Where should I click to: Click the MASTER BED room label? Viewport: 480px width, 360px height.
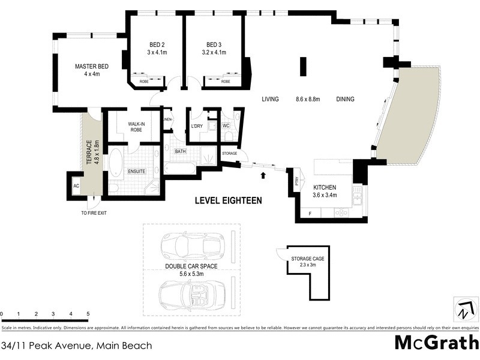coord(91,67)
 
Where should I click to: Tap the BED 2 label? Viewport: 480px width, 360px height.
coord(157,45)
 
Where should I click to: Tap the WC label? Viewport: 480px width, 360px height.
coord(226,126)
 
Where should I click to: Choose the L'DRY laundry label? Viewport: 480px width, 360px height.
coord(197,126)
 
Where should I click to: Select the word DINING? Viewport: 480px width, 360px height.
coord(345,100)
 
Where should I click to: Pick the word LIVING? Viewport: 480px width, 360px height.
coord(270,100)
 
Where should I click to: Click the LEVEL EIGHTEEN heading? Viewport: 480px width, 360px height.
coord(228,201)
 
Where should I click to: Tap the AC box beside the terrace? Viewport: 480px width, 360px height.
coord(76,187)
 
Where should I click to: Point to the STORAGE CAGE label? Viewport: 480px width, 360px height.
coord(307,258)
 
